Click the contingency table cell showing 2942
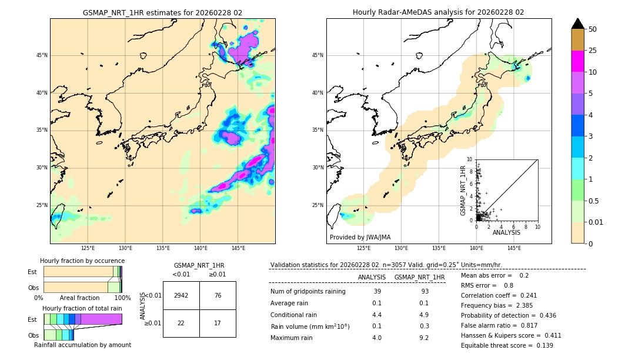pyautogui.click(x=181, y=295)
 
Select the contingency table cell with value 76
pyautogui.click(x=218, y=295)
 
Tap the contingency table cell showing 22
pyautogui.click(x=181, y=323)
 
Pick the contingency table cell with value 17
pyautogui.click(x=218, y=323)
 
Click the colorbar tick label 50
pyautogui.click(x=593, y=29)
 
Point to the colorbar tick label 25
pyautogui.click(x=593, y=51)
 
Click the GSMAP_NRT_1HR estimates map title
pyautogui.click(x=162, y=12)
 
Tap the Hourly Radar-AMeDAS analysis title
pyautogui.click(x=438, y=12)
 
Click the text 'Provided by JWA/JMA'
pyautogui.click(x=360, y=238)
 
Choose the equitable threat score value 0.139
pyautogui.click(x=542, y=345)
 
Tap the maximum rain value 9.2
pyautogui.click(x=423, y=338)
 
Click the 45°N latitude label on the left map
pyautogui.click(x=42, y=55)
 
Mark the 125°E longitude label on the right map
pyautogui.click(x=364, y=248)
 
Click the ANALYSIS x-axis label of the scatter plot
pyautogui.click(x=506, y=232)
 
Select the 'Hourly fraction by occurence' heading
pyautogui.click(x=82, y=261)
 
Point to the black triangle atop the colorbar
pyautogui.click(x=578, y=24)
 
